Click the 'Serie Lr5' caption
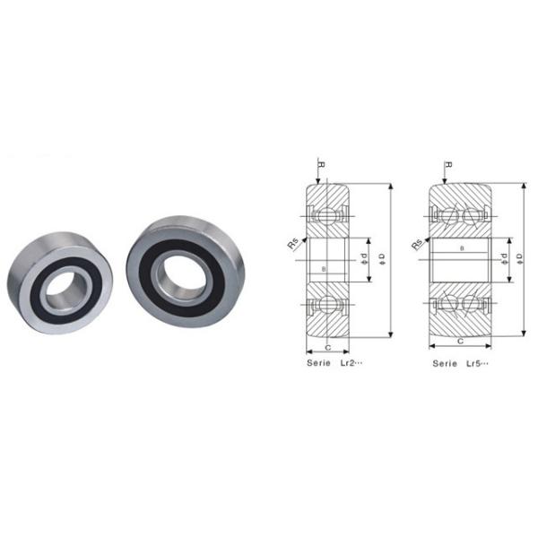460,364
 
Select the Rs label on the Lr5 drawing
417,243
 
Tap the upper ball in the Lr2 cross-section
327,215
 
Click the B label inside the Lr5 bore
461,247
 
